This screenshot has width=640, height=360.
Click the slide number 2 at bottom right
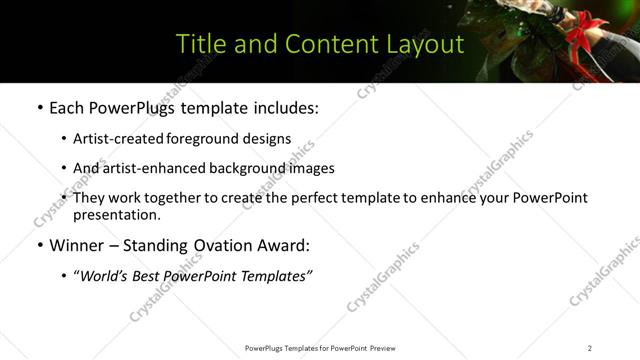(590, 348)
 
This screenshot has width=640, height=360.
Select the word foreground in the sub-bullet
(203, 139)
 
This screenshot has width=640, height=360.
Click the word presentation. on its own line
(116, 214)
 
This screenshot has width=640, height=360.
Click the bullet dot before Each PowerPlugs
(39, 108)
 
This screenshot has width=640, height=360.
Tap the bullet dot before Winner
(39, 245)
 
